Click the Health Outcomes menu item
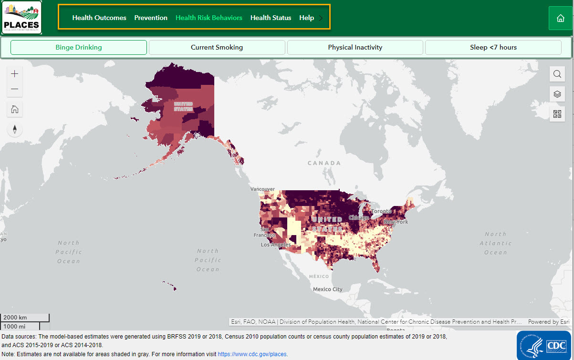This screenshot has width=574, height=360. (x=99, y=18)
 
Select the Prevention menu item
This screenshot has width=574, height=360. (x=151, y=18)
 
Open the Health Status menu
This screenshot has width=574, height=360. (x=271, y=18)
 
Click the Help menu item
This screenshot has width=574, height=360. (x=306, y=18)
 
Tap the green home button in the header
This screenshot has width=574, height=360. (x=560, y=18)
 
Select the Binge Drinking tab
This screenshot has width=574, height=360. (x=79, y=47)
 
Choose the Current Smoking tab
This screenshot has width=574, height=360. (x=217, y=47)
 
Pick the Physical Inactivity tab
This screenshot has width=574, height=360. (x=355, y=47)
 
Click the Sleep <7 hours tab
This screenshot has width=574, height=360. (x=493, y=47)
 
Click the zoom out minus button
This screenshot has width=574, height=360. (x=15, y=89)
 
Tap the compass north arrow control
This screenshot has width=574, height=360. (x=15, y=129)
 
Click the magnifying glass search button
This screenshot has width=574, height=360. (x=557, y=74)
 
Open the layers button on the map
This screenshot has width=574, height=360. (x=557, y=94)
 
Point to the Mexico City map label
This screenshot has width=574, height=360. (x=327, y=289)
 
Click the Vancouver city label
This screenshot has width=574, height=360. (x=263, y=189)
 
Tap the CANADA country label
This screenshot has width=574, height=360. (x=324, y=163)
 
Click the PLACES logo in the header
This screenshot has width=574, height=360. (x=22, y=18)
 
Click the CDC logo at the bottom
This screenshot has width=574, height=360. (x=543, y=345)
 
